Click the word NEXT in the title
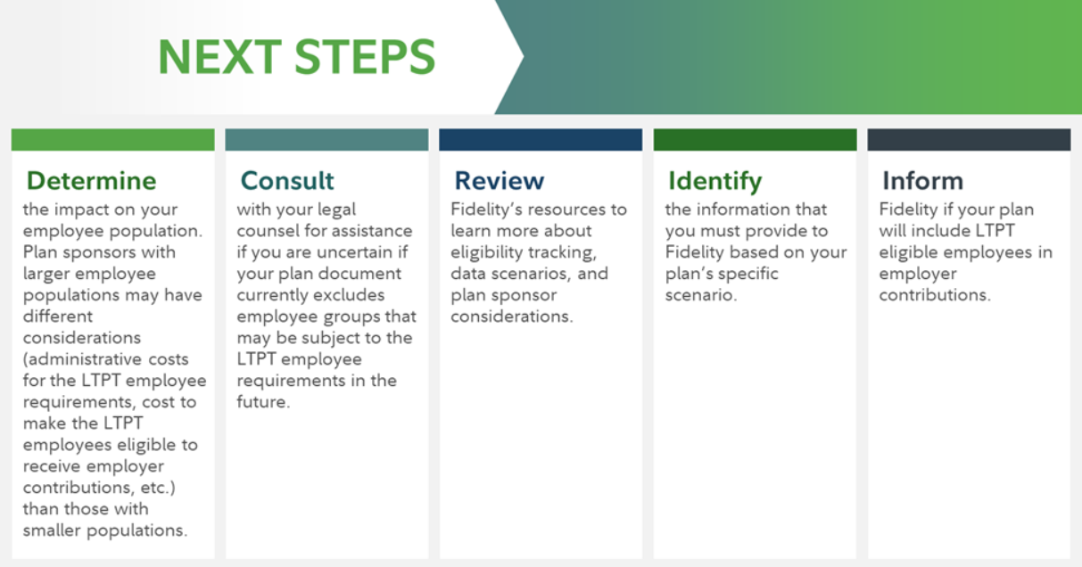219,57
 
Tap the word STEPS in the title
365,57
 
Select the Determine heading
91,181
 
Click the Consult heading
287,181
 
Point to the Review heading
500,181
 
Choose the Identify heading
714,182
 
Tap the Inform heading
922,181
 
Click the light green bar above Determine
113,140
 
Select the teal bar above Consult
327,140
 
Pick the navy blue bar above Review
541,140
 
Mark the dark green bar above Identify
755,140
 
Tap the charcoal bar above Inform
969,140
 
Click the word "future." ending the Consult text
263,402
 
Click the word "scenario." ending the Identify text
701,295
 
